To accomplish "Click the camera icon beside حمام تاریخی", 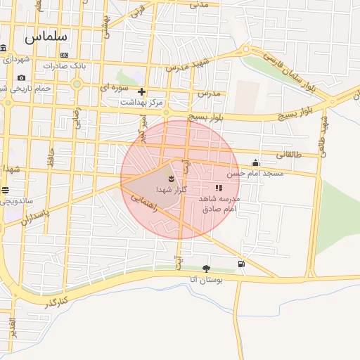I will click(22, 77).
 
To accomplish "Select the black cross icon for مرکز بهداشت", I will click(142, 91).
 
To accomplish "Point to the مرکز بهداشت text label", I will click(141, 103).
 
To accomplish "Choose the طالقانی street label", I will click(288, 155).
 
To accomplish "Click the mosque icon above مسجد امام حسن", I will click(255, 162).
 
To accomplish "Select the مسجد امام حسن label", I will click(255, 172).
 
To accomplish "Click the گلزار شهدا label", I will click(169, 191).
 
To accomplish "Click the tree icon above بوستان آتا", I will click(205, 268).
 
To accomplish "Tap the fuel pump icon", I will click(242, 264).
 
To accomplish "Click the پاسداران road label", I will click(33, 223).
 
